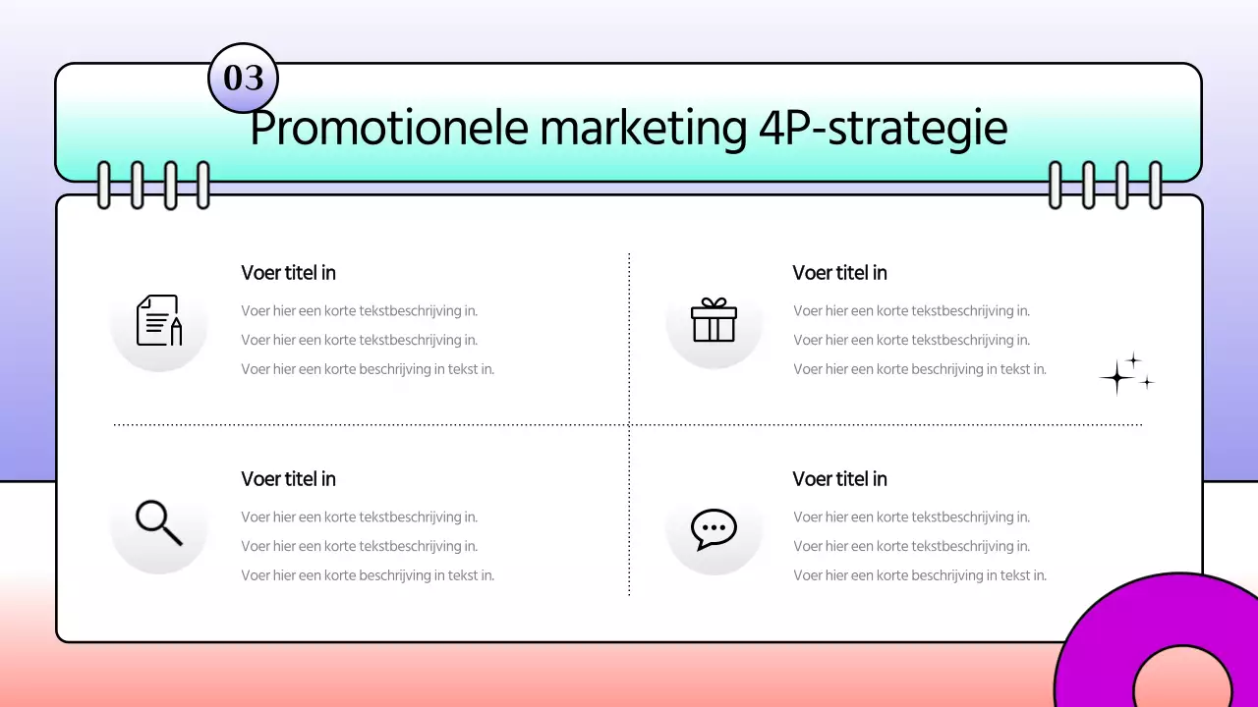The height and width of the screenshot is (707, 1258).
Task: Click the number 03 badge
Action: click(x=244, y=78)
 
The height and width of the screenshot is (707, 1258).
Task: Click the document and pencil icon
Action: click(x=159, y=321)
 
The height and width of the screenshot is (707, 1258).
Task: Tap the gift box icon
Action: click(x=714, y=321)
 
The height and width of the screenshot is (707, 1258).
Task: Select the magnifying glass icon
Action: click(x=159, y=522)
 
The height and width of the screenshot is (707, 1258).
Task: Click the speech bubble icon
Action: click(x=714, y=528)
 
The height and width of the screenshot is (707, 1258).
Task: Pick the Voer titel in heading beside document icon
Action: click(x=288, y=273)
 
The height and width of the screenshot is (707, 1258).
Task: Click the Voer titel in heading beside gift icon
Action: click(x=839, y=273)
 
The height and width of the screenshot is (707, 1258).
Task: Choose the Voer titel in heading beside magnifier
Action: click(x=288, y=479)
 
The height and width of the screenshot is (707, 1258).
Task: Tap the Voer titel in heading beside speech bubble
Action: click(x=839, y=479)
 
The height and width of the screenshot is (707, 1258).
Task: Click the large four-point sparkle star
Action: click(x=1116, y=377)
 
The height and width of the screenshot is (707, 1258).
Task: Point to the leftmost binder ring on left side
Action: click(x=103, y=185)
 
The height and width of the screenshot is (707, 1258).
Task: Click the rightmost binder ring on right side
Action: click(x=1155, y=185)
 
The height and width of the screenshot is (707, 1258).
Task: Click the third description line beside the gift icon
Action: click(x=919, y=369)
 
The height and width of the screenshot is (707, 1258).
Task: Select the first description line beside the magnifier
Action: click(x=359, y=517)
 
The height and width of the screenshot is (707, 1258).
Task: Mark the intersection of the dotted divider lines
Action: click(x=629, y=425)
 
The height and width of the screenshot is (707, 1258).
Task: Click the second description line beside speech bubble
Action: click(x=911, y=546)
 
